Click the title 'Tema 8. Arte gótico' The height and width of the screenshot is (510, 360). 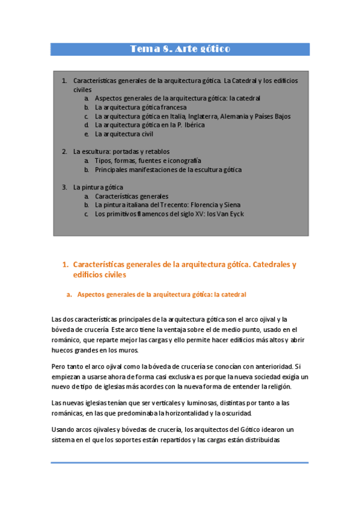tap(180, 49)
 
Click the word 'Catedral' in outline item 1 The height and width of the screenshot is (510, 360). tap(246, 81)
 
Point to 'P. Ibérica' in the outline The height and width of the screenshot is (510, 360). tap(191, 125)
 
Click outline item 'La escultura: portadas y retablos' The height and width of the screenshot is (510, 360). tap(121, 152)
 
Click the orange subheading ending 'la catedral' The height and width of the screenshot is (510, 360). tap(162, 295)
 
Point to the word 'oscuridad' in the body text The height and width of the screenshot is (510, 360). tap(238, 414)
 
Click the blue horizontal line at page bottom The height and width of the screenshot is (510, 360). tap(179, 462)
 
